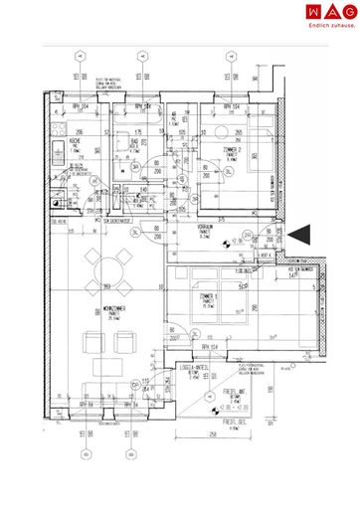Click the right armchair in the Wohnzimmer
click(x=125, y=344)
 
